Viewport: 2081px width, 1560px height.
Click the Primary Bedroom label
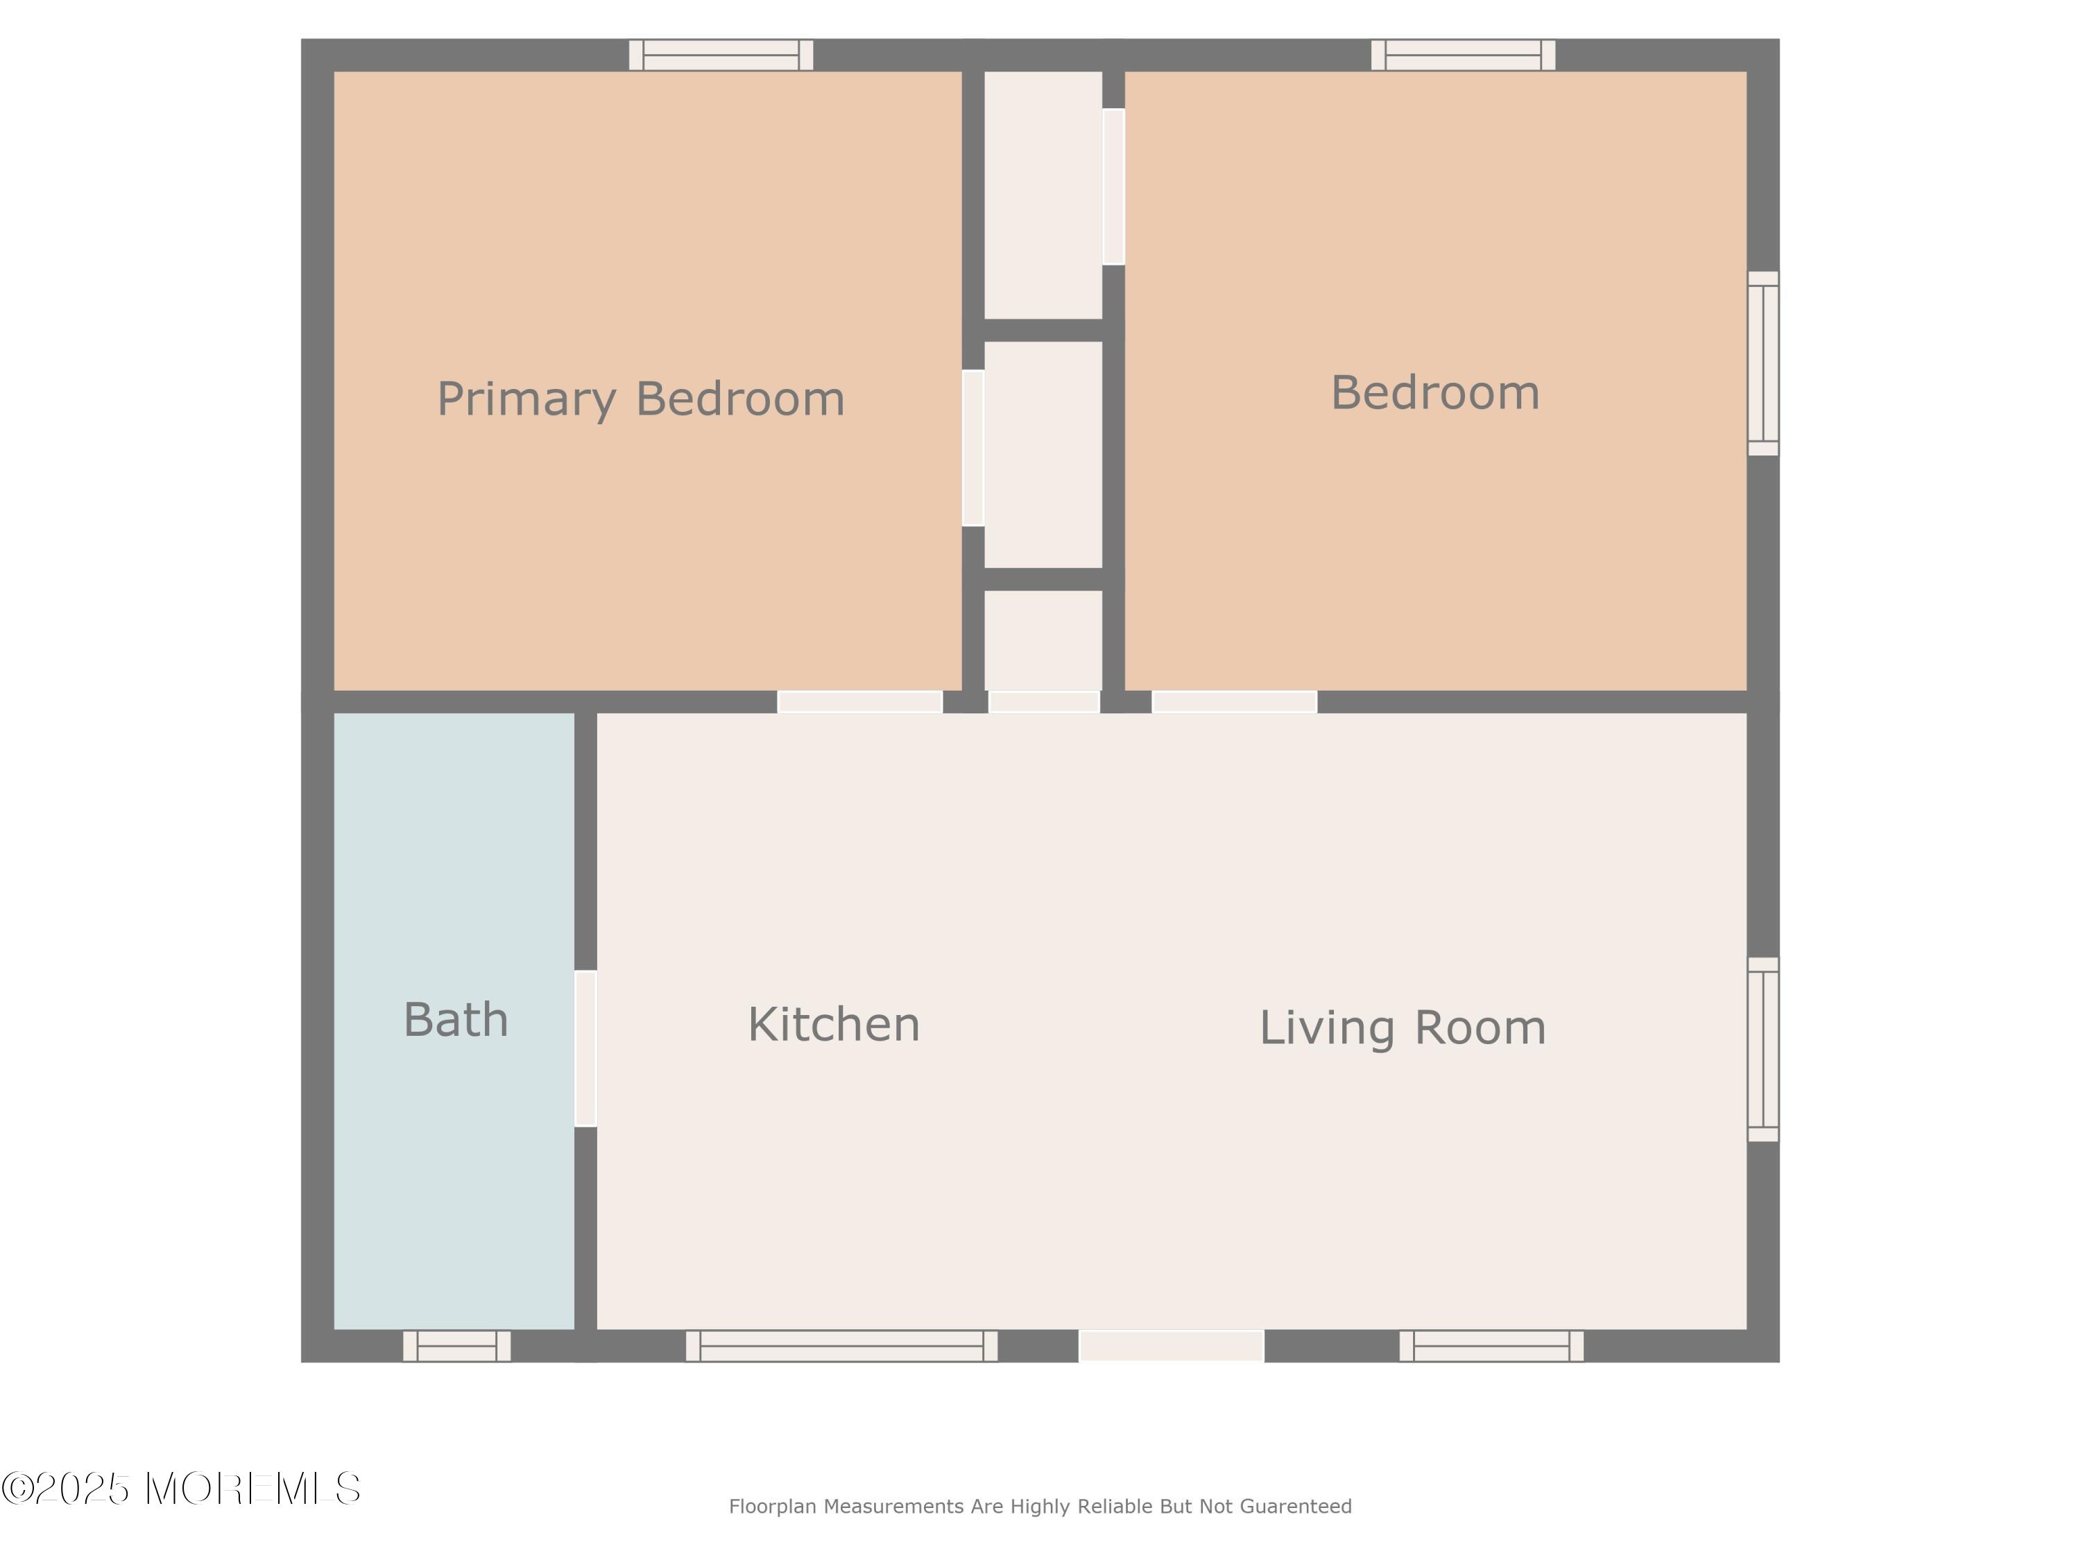[641, 399]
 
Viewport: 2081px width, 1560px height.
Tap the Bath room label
[456, 1019]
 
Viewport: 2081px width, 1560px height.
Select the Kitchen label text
[834, 1024]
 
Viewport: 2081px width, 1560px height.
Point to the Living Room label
[1403, 1028]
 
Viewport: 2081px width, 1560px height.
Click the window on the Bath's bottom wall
[457, 1346]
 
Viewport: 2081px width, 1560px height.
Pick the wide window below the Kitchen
[842, 1346]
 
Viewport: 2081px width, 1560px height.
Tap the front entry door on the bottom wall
[1172, 1346]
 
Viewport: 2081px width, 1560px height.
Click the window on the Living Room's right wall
[1764, 1050]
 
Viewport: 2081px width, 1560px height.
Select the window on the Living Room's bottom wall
[1492, 1346]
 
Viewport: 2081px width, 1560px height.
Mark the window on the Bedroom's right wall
[1764, 364]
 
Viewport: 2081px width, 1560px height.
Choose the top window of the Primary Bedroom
[721, 55]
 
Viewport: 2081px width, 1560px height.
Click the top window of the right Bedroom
[1464, 55]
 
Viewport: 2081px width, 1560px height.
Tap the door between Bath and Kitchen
[585, 1048]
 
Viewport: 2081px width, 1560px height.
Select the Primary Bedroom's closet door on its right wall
[973, 448]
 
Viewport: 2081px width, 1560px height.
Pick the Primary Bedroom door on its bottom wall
[860, 702]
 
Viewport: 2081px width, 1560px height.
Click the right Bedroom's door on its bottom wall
[1234, 702]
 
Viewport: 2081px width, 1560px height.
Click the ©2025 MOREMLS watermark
[180, 1489]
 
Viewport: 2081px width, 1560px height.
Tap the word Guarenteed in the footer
[1296, 1507]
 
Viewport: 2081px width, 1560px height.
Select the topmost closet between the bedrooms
[1043, 196]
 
